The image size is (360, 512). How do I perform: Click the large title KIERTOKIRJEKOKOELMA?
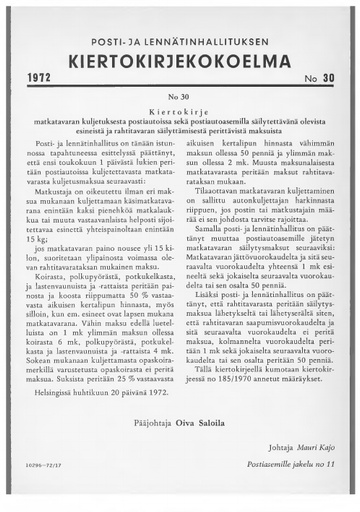tap(180, 56)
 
